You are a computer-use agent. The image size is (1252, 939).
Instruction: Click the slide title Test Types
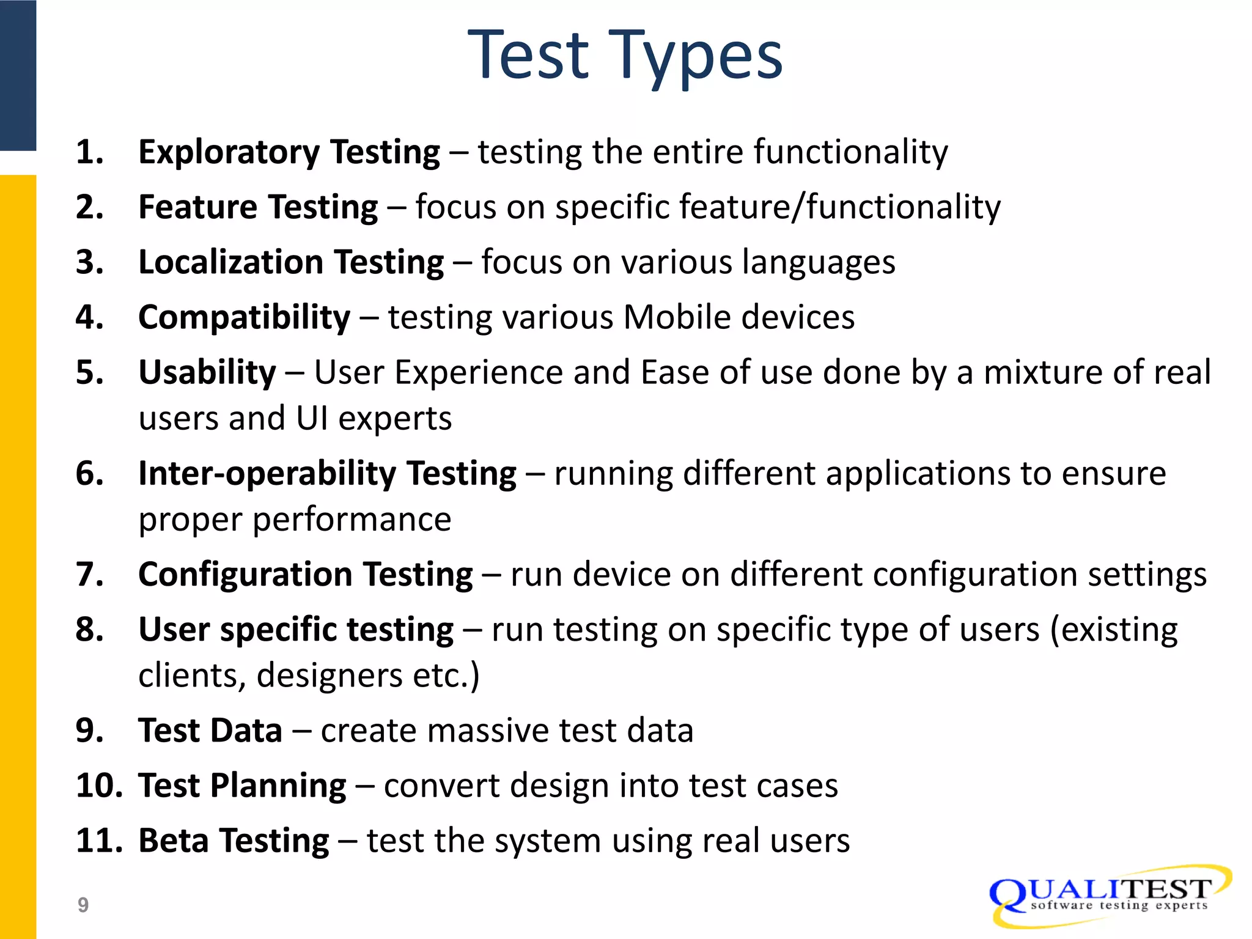pos(625,56)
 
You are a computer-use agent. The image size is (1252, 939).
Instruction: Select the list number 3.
pos(89,262)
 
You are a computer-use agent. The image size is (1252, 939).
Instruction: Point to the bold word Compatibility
pos(245,318)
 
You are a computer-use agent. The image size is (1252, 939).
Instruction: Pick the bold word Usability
pos(207,373)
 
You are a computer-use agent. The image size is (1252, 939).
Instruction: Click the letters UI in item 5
pos(312,419)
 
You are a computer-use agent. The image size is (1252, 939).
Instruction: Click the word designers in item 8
pos(330,676)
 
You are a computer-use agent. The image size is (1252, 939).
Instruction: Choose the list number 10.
pos(98,786)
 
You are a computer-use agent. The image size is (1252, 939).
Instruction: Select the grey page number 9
pos(83,905)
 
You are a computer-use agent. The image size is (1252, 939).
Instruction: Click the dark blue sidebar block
pos(18,75)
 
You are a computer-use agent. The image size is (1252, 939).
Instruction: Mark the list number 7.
pos(89,575)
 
